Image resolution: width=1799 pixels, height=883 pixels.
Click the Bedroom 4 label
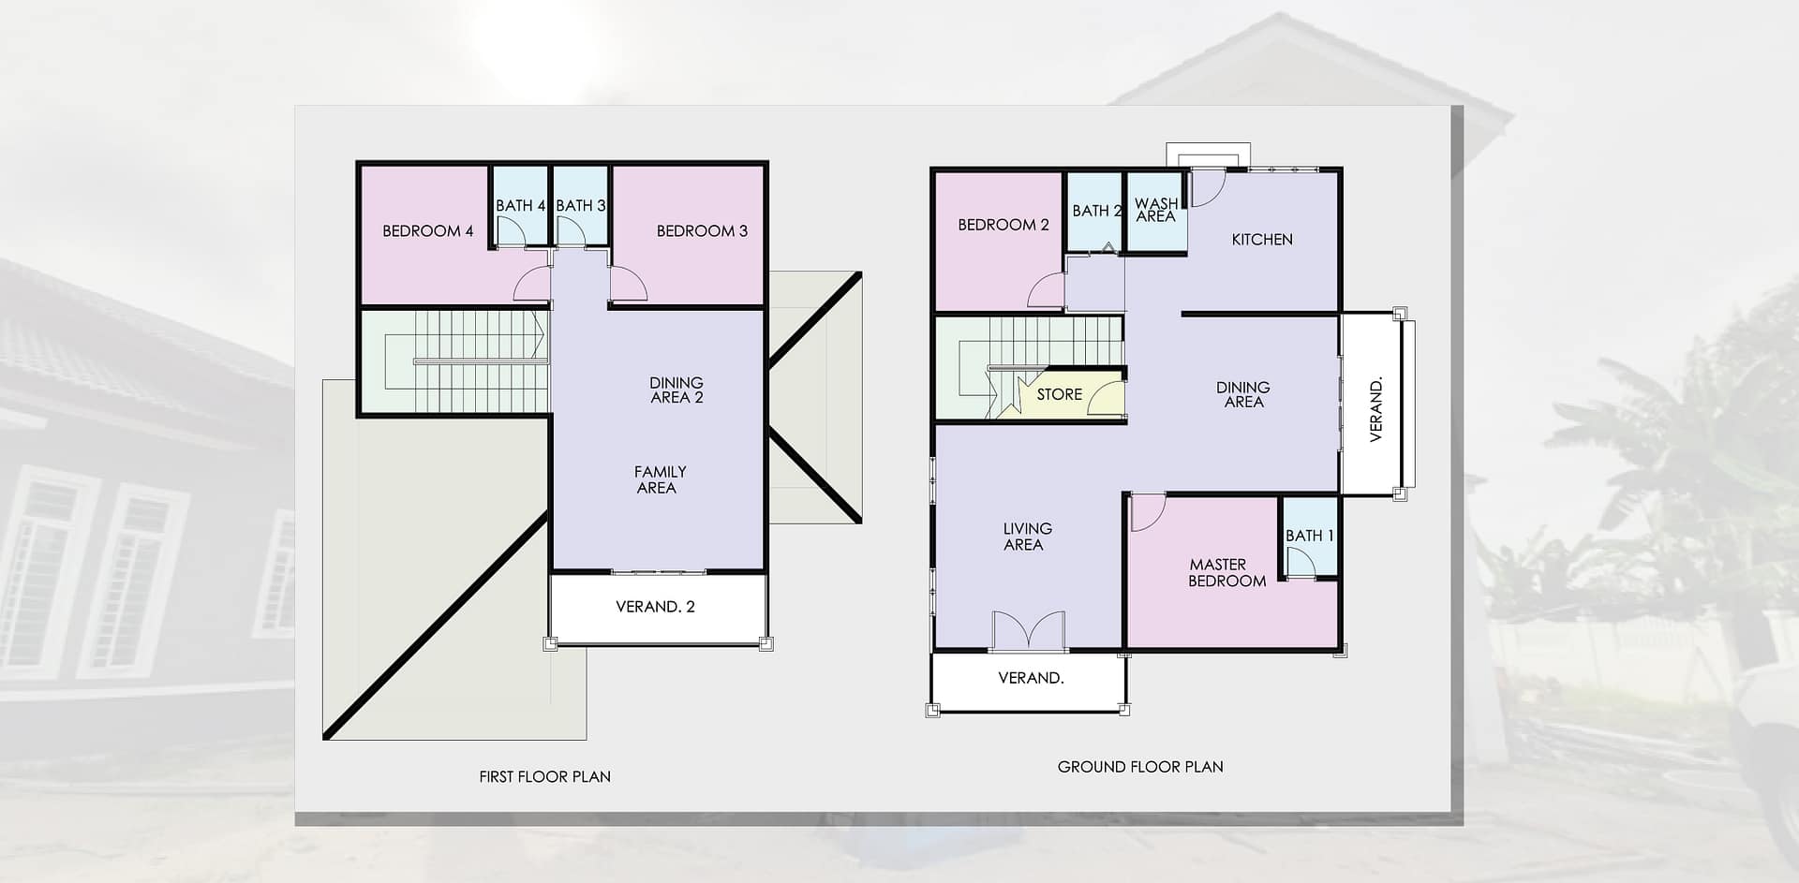pyautogui.click(x=428, y=231)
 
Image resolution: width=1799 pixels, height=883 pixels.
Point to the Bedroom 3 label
pyautogui.click(x=702, y=231)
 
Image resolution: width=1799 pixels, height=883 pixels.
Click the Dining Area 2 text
pyautogui.click(x=676, y=390)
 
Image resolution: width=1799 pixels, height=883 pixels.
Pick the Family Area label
pyautogui.click(x=660, y=479)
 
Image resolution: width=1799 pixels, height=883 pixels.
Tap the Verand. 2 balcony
pyautogui.click(x=657, y=608)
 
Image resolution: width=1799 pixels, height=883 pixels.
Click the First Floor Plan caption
pyautogui.click(x=544, y=776)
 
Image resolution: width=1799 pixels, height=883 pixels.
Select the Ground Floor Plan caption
pyautogui.click(x=1140, y=767)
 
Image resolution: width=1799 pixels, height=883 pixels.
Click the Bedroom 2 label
pyautogui.click(x=1004, y=225)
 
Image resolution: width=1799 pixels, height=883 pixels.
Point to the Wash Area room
pyautogui.click(x=1156, y=212)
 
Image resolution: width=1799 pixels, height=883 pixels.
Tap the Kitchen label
pyautogui.click(x=1262, y=240)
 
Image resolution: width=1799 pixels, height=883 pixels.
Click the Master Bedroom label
pyautogui.click(x=1227, y=573)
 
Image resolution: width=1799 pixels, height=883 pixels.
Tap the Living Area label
pyautogui.click(x=1027, y=537)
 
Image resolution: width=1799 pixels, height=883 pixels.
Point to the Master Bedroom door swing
pyautogui.click(x=1148, y=512)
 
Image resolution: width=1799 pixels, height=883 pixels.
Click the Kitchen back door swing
pyautogui.click(x=1207, y=187)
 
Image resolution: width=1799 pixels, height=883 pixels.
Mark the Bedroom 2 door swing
pyautogui.click(x=1046, y=290)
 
